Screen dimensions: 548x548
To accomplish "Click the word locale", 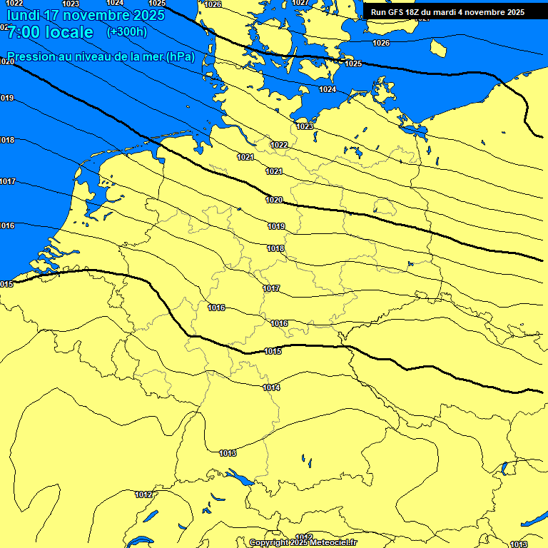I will (x=68, y=32).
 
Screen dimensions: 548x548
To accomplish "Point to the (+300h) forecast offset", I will (x=126, y=32).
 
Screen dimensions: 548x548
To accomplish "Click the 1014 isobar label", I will (x=271, y=387).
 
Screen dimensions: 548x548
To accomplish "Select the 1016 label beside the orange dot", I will (x=217, y=308).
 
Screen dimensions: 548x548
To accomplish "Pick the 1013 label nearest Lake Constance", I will (x=228, y=453).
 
